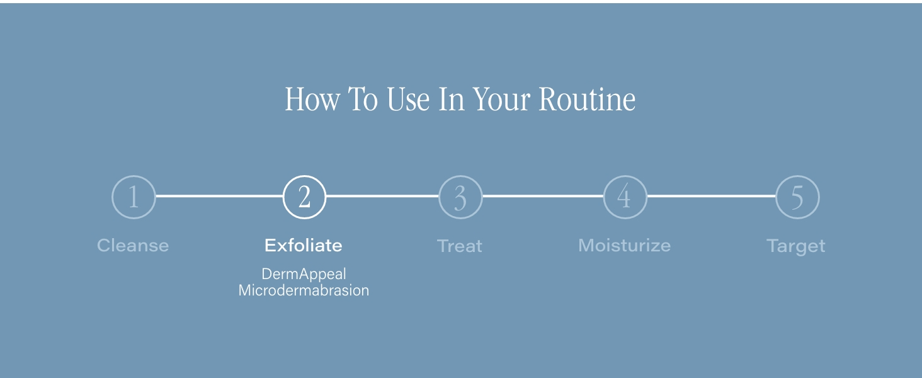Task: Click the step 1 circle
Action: click(112, 197)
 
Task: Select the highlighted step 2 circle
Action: click(283, 197)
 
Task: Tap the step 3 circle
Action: click(439, 197)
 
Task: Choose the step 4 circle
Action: click(604, 197)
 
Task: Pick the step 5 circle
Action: click(777, 197)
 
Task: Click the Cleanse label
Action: click(133, 246)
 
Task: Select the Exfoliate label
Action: click(304, 246)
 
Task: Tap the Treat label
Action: click(459, 246)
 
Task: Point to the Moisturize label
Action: click(624, 246)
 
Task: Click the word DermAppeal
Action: click(304, 275)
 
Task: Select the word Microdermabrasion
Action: click(304, 290)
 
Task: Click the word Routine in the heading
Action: click(587, 100)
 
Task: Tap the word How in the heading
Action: click(312, 100)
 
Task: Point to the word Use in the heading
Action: click(408, 100)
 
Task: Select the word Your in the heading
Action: click(501, 100)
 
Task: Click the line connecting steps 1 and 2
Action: click(219, 196)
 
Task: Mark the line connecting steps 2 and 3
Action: click(382, 196)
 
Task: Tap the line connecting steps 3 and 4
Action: click(543, 196)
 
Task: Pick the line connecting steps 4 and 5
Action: click(711, 196)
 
